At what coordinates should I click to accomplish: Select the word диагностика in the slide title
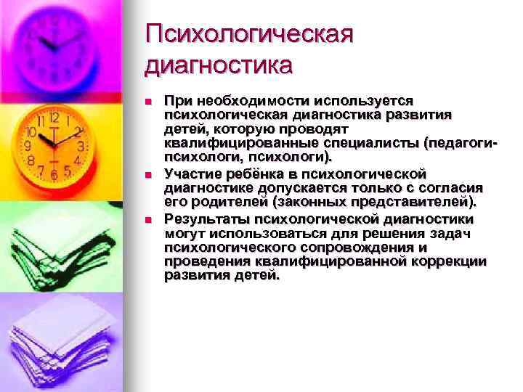[x=219, y=66]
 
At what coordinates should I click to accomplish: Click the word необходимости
[x=247, y=101]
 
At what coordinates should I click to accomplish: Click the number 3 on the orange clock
[x=81, y=145]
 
